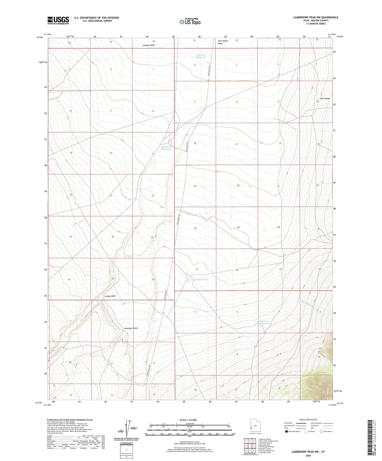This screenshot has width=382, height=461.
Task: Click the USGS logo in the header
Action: (x=58, y=20)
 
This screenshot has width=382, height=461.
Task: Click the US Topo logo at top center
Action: (x=190, y=22)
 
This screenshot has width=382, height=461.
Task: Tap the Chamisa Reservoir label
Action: (x=201, y=56)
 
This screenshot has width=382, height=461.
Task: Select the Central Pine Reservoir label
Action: (x=167, y=148)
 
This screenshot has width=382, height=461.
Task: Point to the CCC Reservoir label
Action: (x=201, y=279)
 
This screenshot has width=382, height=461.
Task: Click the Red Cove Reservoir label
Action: (x=264, y=322)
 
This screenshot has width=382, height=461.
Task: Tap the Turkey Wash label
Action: (x=110, y=296)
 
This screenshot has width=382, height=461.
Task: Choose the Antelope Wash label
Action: (x=131, y=328)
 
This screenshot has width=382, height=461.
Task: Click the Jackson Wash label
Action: (x=148, y=45)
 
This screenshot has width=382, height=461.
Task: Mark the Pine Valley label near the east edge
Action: (x=325, y=98)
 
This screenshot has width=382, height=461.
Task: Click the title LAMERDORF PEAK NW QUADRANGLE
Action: (x=316, y=17)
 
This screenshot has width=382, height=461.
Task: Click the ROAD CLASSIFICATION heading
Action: (x=308, y=420)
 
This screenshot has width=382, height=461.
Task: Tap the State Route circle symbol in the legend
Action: (x=321, y=431)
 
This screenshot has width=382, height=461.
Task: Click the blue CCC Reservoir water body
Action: (x=189, y=279)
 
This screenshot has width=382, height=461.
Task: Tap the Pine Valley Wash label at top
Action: (x=223, y=42)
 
